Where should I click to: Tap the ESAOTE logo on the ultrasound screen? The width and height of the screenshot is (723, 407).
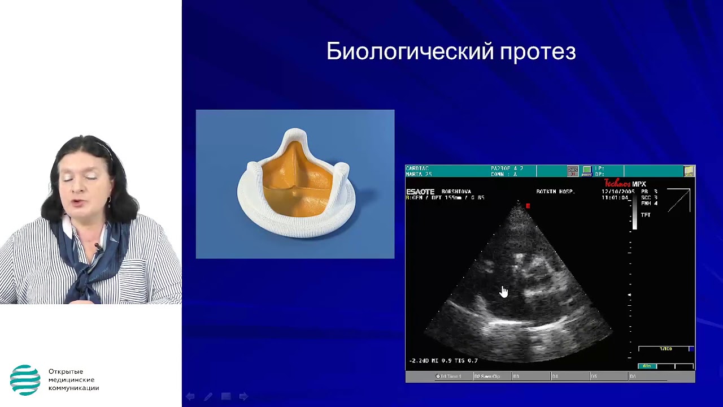click(x=420, y=192)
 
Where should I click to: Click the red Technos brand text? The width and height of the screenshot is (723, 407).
click(x=617, y=184)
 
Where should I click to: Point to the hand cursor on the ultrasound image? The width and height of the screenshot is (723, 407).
click(x=503, y=292)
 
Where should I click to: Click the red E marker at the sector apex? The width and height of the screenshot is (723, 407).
click(x=528, y=206)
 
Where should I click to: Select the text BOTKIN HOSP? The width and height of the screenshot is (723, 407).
click(x=555, y=192)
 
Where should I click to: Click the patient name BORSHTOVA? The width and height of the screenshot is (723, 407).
click(x=456, y=192)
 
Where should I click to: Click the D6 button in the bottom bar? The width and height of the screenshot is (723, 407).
click(x=633, y=376)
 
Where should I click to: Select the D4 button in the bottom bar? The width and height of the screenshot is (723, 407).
click(x=555, y=376)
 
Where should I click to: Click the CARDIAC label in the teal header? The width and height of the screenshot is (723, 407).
click(x=417, y=168)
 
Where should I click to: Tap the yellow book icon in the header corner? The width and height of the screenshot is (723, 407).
click(x=689, y=170)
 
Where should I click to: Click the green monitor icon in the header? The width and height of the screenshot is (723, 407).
click(x=587, y=170)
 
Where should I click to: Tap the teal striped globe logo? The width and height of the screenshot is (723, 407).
click(x=25, y=379)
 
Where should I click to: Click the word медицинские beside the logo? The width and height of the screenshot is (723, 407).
click(x=71, y=379)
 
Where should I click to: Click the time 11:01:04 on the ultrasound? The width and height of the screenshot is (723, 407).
click(x=615, y=198)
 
